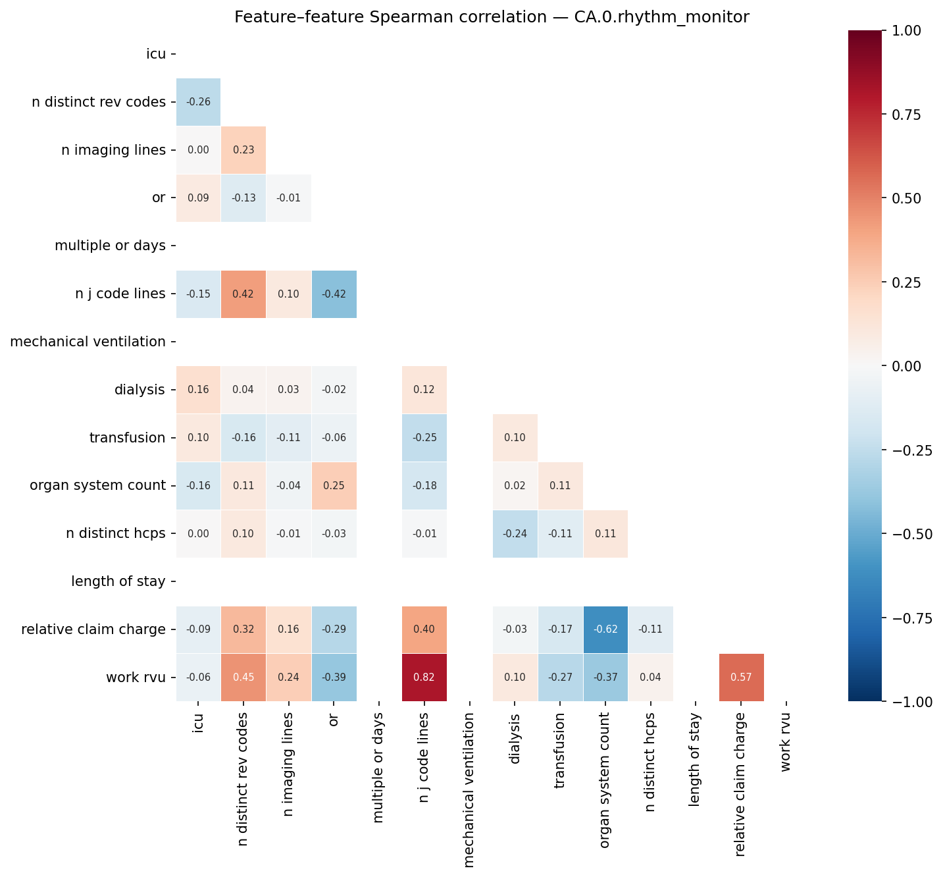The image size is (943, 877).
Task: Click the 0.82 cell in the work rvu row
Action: tap(424, 678)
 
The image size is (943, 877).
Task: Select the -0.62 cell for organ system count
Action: tap(605, 629)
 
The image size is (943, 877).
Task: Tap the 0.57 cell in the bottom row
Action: tap(741, 678)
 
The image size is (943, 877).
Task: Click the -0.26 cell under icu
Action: tap(198, 102)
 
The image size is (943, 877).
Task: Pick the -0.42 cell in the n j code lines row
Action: tap(334, 294)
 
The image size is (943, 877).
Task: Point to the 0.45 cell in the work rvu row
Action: tap(243, 678)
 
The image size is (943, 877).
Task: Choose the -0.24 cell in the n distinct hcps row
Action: tap(515, 534)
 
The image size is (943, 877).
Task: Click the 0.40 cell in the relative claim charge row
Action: tap(424, 629)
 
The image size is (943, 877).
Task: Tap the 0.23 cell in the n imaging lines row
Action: tap(243, 150)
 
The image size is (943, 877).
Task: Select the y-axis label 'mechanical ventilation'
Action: tap(88, 342)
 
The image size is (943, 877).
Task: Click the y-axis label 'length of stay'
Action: tap(118, 581)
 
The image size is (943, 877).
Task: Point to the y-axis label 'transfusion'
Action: tap(127, 438)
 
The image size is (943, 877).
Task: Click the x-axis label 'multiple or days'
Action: tap(379, 767)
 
